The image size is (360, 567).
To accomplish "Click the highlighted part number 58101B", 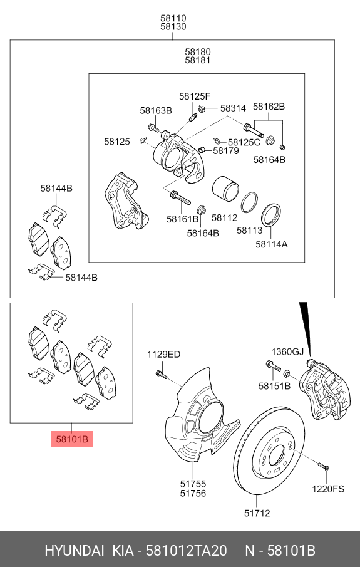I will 72,439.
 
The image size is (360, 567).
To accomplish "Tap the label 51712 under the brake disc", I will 257,513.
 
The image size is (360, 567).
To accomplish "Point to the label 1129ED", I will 163,355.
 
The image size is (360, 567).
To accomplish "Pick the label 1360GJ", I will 287,351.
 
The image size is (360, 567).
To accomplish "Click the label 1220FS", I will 329,489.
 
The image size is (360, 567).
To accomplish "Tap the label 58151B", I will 274,386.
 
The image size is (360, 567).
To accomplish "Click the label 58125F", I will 194,96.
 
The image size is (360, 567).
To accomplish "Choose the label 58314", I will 232,108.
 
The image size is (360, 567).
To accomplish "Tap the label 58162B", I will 269,107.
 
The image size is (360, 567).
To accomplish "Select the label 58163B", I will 155,110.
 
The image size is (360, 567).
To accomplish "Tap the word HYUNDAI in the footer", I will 74,551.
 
